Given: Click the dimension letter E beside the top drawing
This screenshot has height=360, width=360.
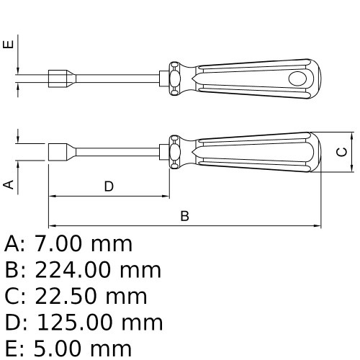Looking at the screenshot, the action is click(9, 45).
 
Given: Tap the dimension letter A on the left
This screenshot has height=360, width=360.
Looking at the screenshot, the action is click(9, 184).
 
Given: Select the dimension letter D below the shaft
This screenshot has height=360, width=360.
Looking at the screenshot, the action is click(109, 186).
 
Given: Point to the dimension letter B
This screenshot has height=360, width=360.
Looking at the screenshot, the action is click(184, 216).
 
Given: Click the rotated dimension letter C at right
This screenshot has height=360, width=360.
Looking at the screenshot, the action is click(342, 152).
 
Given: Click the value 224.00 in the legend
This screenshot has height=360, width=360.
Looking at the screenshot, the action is click(73, 270).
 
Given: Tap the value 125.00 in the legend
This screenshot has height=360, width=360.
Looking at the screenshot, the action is click(74, 323).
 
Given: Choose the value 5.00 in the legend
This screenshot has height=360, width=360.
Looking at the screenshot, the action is click(57, 348).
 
